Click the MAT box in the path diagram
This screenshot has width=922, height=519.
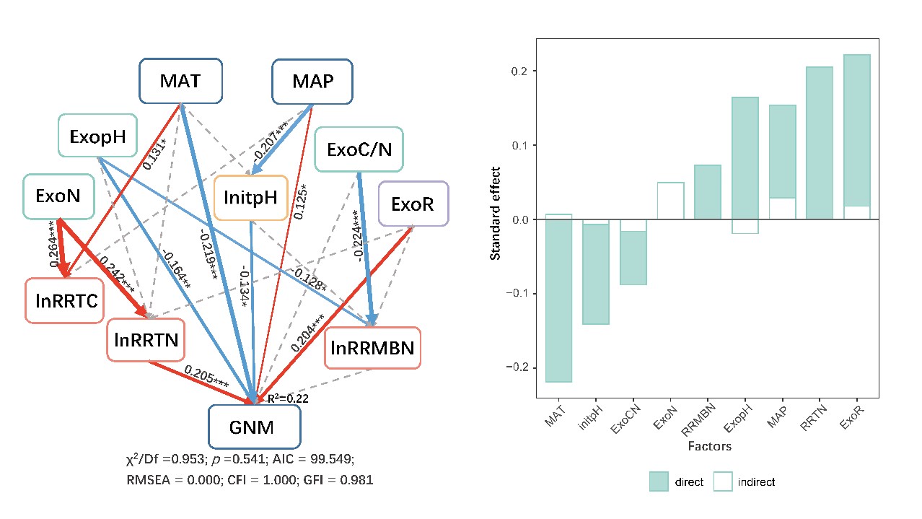point(180,81)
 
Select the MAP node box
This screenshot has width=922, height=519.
point(312,81)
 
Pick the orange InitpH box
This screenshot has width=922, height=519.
point(251,197)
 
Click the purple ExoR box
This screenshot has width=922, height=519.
point(413,205)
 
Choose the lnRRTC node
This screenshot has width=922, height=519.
point(64,299)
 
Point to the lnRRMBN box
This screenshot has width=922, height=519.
point(372,349)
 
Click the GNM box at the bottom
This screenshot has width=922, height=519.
point(254,427)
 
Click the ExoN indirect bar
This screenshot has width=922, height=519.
point(670,201)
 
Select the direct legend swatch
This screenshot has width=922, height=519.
point(659,481)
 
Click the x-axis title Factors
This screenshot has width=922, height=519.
point(708,446)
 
